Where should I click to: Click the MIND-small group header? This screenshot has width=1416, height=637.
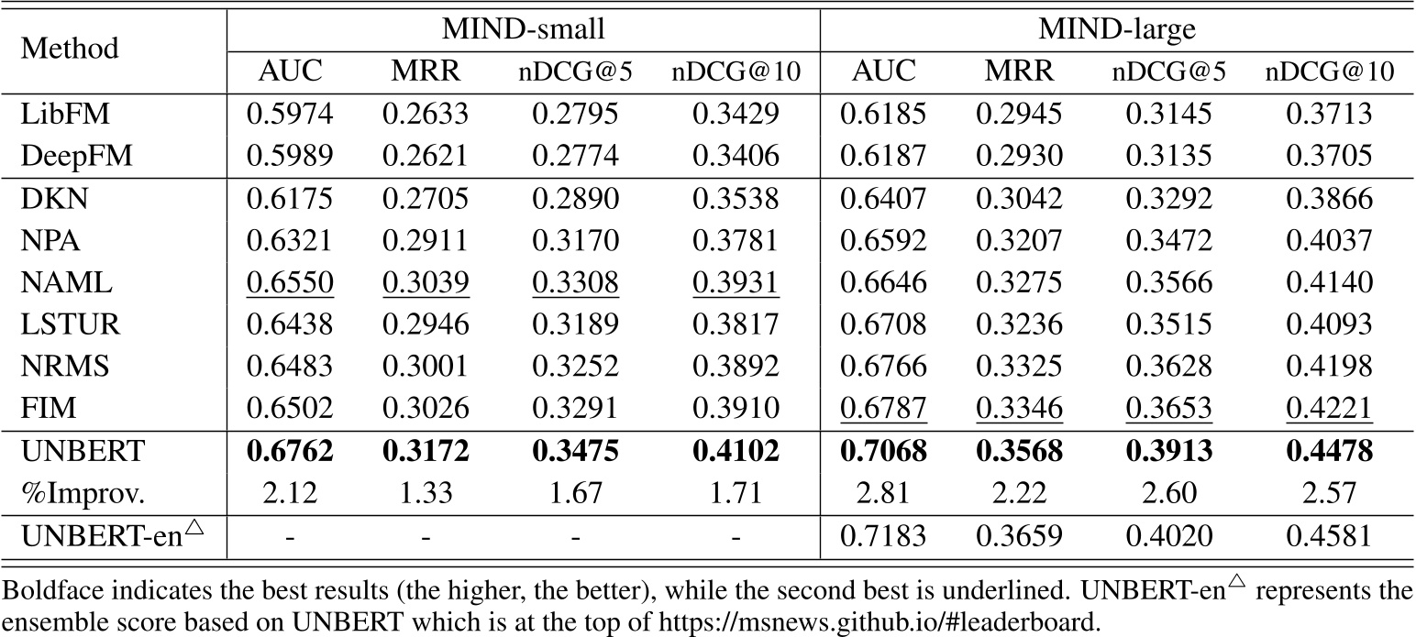[x=524, y=29]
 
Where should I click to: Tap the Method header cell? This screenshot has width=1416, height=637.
[x=70, y=48]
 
